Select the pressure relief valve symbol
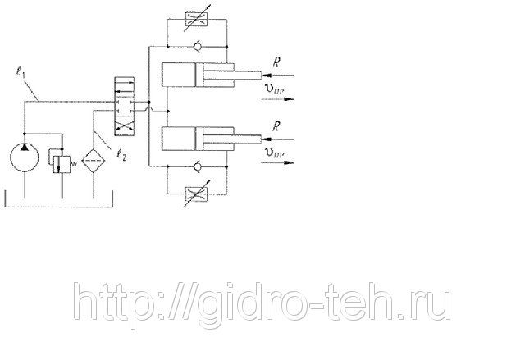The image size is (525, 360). click(x=59, y=160)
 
